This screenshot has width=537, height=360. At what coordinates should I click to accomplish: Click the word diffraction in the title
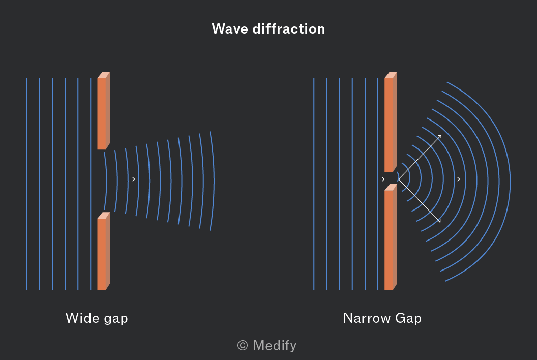click(289, 29)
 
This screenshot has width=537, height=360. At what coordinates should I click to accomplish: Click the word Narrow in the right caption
click(367, 318)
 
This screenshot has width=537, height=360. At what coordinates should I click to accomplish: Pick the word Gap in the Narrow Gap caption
click(408, 318)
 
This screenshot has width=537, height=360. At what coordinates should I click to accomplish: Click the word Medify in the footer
click(275, 345)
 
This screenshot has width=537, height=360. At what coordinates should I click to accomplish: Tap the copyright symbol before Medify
click(243, 345)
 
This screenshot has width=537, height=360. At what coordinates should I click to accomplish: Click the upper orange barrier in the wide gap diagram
click(103, 111)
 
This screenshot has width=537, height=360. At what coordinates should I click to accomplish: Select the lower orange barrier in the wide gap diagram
click(103, 251)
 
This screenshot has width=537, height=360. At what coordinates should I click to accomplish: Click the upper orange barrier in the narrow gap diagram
click(391, 122)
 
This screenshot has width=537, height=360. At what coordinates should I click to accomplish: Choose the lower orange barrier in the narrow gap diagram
click(391, 237)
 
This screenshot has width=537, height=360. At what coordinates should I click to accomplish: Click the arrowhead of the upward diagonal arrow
click(440, 136)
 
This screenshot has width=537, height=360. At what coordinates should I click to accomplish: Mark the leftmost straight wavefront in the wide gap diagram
click(27, 184)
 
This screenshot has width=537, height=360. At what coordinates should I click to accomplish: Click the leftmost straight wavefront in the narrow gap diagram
click(314, 184)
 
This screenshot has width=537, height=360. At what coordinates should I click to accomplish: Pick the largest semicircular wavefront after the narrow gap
click(510, 182)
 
